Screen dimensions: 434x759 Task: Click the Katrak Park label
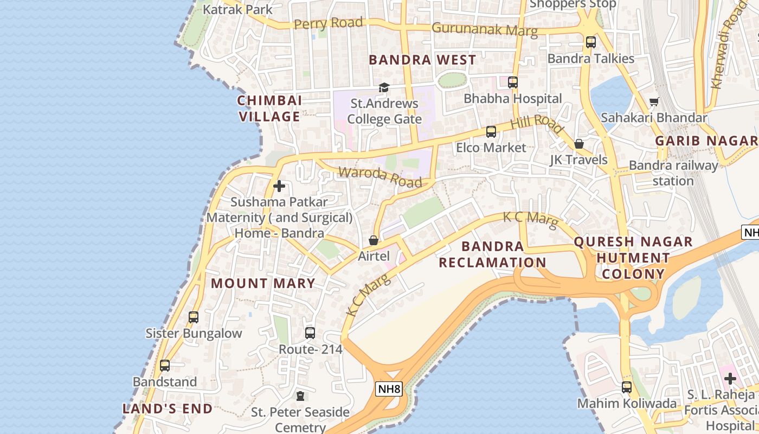[x=237, y=9]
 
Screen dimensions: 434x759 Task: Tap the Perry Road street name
[x=328, y=23]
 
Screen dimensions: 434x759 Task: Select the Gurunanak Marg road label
[x=485, y=29]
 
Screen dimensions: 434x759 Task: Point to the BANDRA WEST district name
[x=422, y=60]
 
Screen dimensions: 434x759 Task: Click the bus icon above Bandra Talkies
[x=591, y=42]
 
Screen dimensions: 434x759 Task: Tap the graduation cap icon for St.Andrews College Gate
[x=384, y=87]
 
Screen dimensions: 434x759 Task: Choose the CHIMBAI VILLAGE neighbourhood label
[x=269, y=108]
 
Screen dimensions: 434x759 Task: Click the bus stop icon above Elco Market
[x=491, y=131]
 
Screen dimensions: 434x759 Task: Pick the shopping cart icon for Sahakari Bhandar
[x=654, y=102]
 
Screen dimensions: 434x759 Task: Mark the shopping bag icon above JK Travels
[x=579, y=144]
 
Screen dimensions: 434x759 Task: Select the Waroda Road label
[x=380, y=177]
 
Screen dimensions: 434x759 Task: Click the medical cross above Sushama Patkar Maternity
[x=279, y=186]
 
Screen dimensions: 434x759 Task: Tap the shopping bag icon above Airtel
[x=374, y=240]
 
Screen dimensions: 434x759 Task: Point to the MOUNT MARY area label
[x=263, y=283]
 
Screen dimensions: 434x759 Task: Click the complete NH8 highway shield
[x=389, y=388]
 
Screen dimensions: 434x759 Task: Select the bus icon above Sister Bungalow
[x=194, y=317]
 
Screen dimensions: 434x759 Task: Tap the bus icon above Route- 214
[x=310, y=333]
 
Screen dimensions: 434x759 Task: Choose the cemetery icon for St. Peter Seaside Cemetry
[x=300, y=396]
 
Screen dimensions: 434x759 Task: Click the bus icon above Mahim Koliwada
[x=627, y=387]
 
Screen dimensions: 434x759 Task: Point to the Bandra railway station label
[x=673, y=173]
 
